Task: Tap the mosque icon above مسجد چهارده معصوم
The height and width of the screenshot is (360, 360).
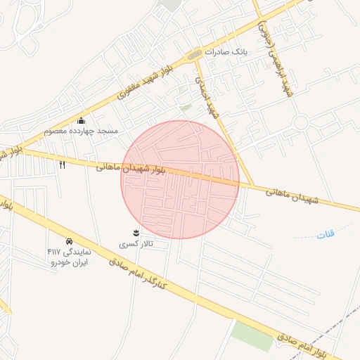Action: click(x=81, y=120)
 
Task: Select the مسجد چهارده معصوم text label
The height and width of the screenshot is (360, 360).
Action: click(x=81, y=131)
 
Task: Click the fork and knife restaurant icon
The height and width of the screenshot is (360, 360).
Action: click(x=62, y=165)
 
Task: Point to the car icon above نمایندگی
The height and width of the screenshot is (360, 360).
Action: click(x=69, y=240)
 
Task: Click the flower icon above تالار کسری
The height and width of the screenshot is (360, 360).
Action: click(x=136, y=232)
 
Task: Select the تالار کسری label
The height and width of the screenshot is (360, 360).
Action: click(x=136, y=243)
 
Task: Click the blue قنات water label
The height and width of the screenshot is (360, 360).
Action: click(x=326, y=234)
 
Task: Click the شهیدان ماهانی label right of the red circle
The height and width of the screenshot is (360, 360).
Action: click(x=292, y=195)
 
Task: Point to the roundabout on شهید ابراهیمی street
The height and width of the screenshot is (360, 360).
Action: click(x=302, y=122)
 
